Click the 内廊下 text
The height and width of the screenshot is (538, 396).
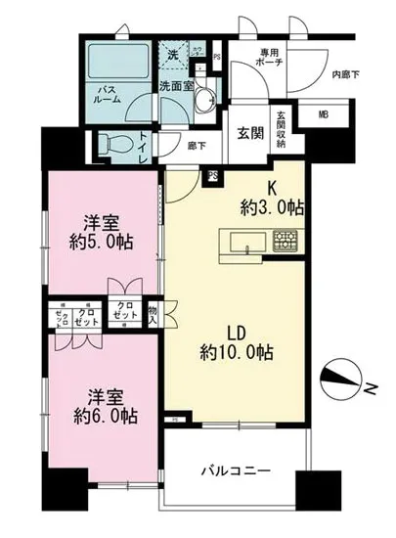point(348,74)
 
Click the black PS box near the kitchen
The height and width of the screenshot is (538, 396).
point(212,176)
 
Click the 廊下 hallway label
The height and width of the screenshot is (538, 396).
point(196,148)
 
